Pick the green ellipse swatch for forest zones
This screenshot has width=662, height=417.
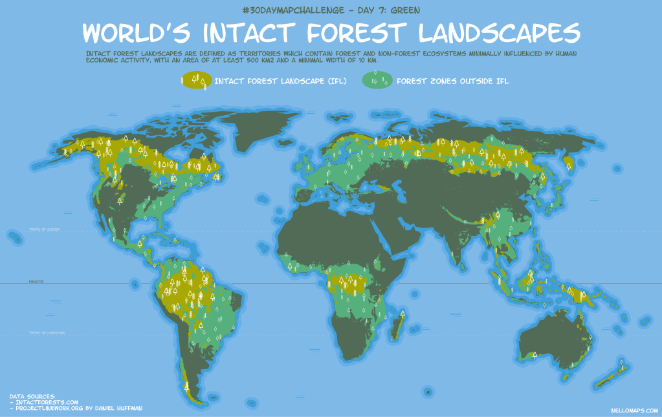(x=377, y=81)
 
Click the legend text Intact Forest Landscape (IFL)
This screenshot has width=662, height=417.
(x=280, y=81)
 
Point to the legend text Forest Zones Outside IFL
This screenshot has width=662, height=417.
(x=452, y=81)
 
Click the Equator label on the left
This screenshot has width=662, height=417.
(x=35, y=282)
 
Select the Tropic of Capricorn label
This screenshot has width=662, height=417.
(x=46, y=333)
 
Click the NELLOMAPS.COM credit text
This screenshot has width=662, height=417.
(x=634, y=410)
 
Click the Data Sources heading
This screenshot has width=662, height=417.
(x=32, y=396)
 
